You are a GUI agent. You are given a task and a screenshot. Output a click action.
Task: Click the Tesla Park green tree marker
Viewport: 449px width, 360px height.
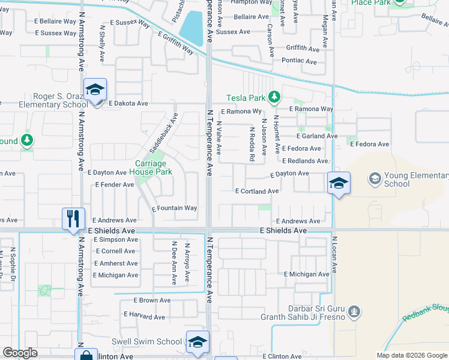pyautogui.click(x=274, y=97)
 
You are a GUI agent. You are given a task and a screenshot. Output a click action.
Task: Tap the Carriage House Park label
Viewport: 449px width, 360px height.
pyautogui.click(x=153, y=167)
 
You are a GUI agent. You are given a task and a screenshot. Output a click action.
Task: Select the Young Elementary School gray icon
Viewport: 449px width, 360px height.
pyautogui.click(x=375, y=178)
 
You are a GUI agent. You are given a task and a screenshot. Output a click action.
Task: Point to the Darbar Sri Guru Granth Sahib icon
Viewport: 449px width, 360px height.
pyautogui.click(x=354, y=311)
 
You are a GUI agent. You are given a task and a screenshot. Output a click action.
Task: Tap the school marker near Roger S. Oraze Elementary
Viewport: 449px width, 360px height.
pyautogui.click(x=95, y=90)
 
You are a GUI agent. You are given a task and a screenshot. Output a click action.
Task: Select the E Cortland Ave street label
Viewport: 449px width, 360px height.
pyautogui.click(x=257, y=191)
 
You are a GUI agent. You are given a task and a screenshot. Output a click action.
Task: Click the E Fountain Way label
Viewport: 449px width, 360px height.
pyautogui.click(x=174, y=208)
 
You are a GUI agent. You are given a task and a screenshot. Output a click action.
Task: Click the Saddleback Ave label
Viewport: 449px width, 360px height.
pyautogui.click(x=164, y=132)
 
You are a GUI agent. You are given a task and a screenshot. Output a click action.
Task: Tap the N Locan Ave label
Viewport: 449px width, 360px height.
pyautogui.click(x=335, y=252)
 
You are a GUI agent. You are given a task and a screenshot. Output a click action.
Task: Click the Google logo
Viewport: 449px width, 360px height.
pyautogui.click(x=20, y=353)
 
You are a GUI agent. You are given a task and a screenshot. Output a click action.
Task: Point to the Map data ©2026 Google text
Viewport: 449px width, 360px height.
pyautogui.click(x=412, y=355)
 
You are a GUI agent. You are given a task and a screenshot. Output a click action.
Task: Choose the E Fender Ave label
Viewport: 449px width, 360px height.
pyautogui.click(x=115, y=185)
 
